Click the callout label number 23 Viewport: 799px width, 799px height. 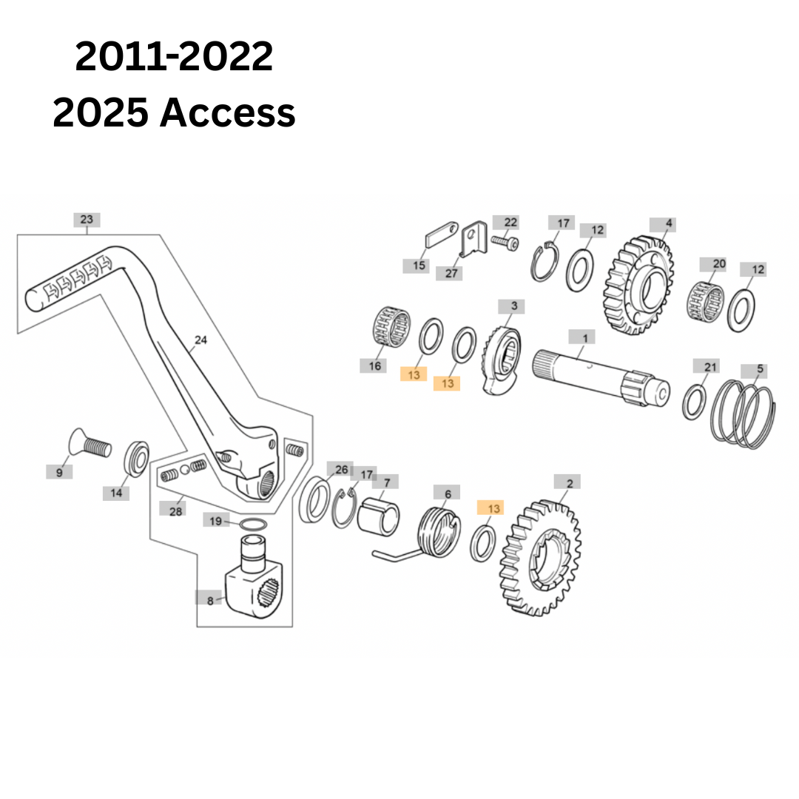point(87,220)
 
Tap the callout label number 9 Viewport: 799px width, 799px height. point(59,472)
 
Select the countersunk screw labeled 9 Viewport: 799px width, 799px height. point(90,444)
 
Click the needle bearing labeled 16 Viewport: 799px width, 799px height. point(391,327)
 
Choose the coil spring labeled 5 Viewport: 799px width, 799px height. point(744,414)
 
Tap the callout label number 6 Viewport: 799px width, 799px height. point(447,493)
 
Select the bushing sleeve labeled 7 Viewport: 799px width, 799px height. point(378,516)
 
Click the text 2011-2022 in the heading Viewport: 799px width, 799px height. point(174,56)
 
